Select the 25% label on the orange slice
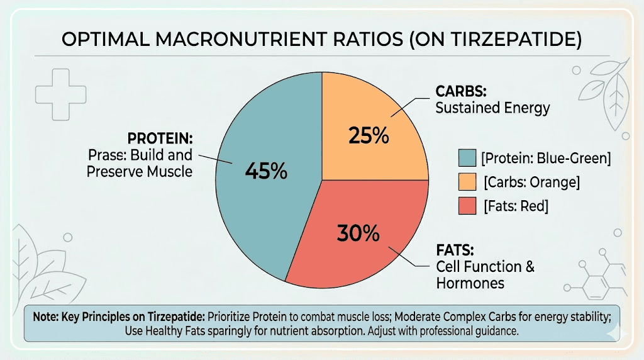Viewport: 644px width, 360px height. coord(368,136)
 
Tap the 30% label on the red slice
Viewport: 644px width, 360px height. coord(358,233)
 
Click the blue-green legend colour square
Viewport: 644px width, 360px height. coord(467,158)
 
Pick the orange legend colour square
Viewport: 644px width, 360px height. coord(467,183)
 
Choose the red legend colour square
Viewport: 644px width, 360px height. coord(467,206)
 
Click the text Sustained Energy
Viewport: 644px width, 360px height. coord(492,108)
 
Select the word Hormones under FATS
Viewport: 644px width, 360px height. coord(470,283)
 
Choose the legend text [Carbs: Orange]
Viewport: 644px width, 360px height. coord(531,183)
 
